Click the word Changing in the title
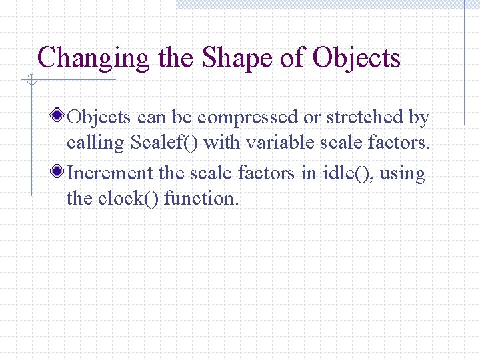click(94, 59)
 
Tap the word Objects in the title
click(356, 59)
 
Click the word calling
click(96, 143)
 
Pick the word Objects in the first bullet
click(99, 118)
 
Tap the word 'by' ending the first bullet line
click(419, 118)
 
